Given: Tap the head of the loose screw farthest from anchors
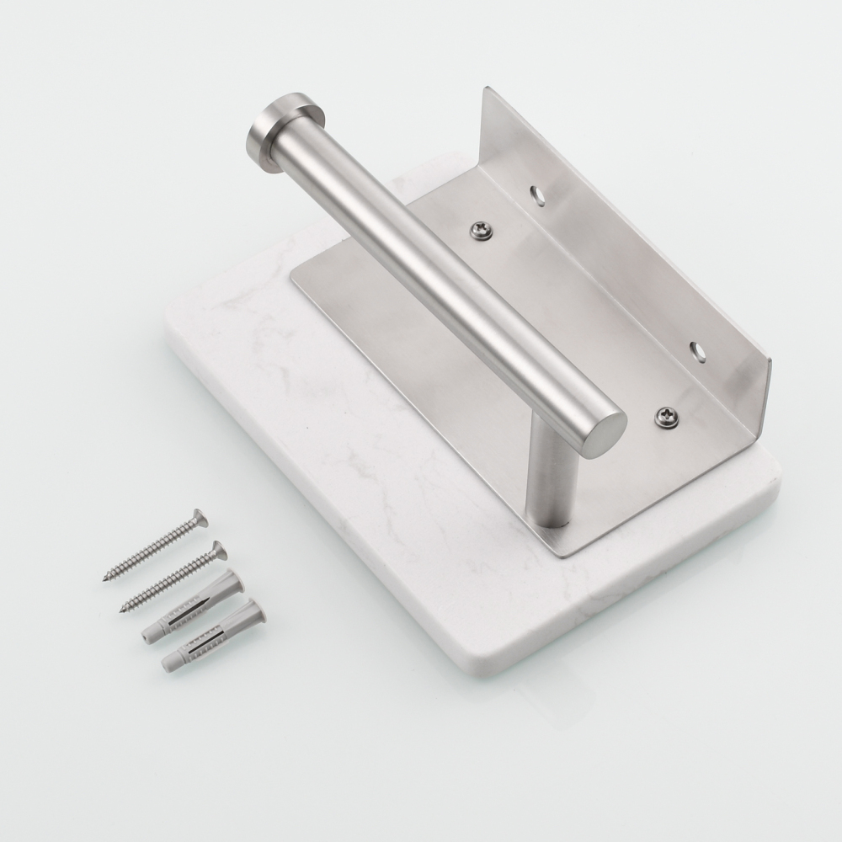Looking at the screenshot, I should tap(199, 518).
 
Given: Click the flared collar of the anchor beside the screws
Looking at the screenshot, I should tap(235, 580).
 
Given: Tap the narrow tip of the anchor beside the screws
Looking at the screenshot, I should tap(144, 639).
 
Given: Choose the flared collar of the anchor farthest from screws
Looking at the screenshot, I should tap(256, 611).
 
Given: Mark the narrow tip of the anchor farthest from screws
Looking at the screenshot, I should tap(165, 669).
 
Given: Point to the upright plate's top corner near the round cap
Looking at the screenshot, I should tap(486, 89).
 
